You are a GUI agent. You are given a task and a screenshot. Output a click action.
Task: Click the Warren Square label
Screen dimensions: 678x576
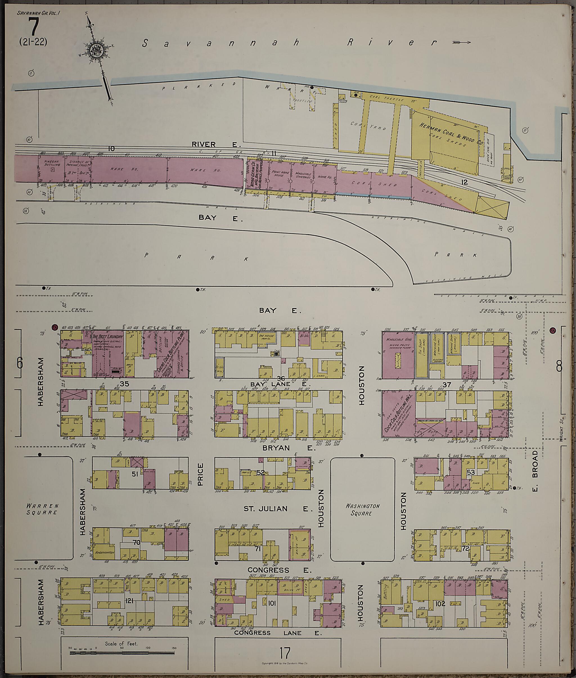click(42, 509)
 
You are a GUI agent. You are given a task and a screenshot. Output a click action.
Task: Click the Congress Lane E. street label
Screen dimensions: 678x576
click(278, 633)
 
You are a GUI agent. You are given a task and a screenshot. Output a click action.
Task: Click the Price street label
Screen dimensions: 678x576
click(200, 474)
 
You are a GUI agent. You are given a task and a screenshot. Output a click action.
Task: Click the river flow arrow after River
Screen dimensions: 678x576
click(461, 42)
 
